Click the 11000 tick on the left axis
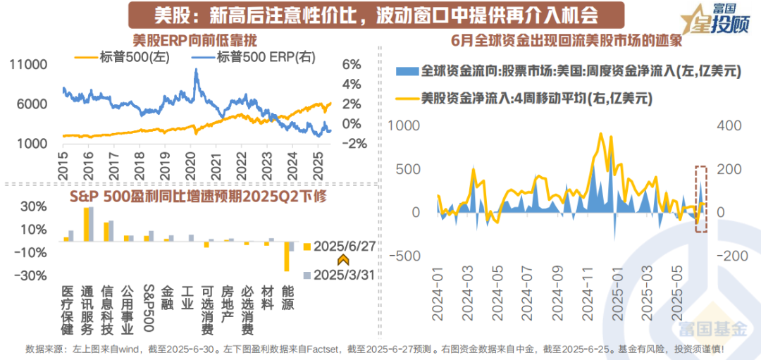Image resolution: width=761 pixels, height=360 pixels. pos(29,64)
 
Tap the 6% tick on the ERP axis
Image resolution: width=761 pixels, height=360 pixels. pos(351,64)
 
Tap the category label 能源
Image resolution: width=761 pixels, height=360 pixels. pos(287,299)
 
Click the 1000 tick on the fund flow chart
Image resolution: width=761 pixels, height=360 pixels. pos(404,125)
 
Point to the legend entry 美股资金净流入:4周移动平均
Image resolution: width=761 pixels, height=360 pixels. pos(533,99)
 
